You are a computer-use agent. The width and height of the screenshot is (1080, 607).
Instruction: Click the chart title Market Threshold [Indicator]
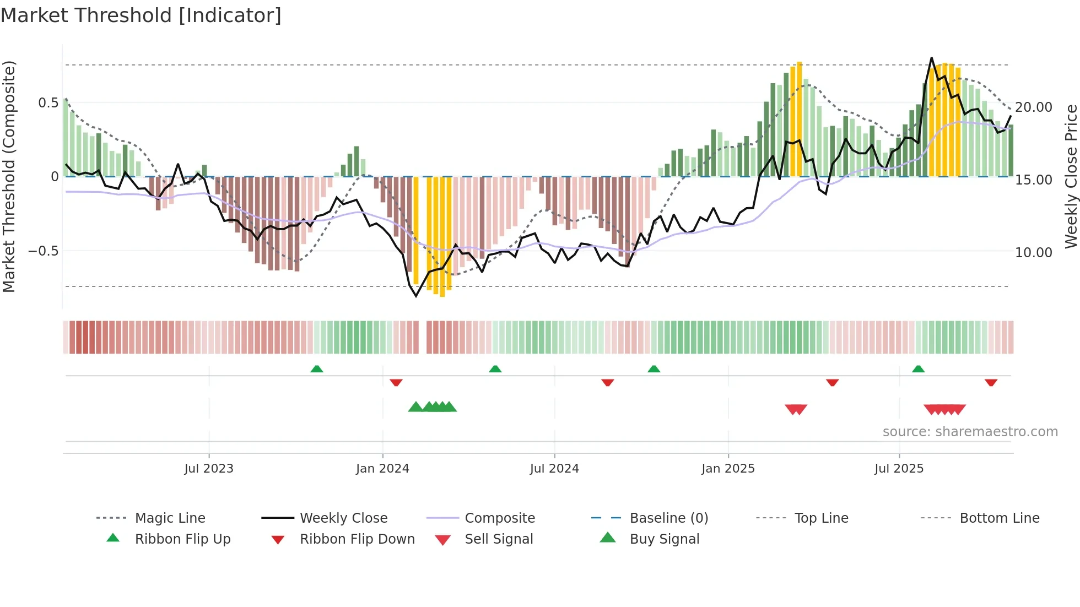pos(141,15)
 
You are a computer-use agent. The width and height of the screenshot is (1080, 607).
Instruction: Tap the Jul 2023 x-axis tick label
pos(209,469)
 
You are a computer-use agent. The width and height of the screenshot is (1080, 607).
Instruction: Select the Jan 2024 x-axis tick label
pos(382,469)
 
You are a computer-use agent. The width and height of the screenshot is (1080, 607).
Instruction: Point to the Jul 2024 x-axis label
pos(554,469)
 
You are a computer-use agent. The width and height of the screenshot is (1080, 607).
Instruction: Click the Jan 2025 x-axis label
pos(728,469)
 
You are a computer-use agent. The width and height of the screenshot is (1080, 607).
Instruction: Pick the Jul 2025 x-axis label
pos(899,469)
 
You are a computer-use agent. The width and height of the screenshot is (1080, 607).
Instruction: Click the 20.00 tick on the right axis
pos(1033,107)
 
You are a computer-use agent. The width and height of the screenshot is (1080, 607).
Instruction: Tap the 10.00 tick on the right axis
pos(1033,253)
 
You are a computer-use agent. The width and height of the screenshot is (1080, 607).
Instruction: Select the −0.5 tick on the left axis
pos(43,251)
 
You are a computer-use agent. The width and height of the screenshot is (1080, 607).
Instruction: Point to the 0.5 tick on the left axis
pos(48,103)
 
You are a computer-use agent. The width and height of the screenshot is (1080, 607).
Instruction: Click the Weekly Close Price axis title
pos(1071,176)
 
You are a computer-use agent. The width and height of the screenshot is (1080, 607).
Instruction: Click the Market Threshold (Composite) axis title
pos(9,176)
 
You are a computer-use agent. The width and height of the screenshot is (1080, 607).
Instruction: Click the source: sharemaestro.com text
pos(970,432)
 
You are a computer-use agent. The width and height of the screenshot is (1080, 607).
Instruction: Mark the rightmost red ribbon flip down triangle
pos(991,382)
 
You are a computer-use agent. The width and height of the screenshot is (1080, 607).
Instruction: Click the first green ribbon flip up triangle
pos(316,369)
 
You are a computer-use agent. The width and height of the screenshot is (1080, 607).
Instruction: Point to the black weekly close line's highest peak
pos(932,58)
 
